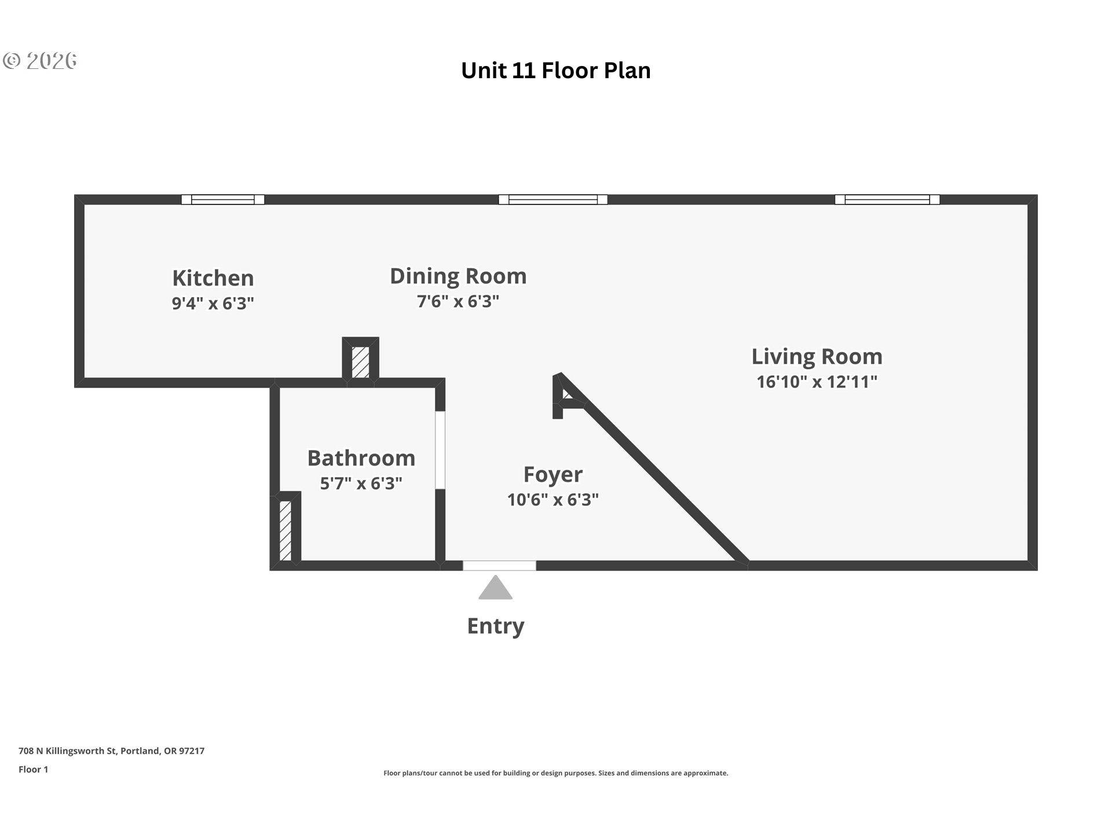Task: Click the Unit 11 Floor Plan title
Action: coord(555,71)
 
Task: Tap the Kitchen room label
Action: coord(213,278)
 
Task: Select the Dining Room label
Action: coord(458,276)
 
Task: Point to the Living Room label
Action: coord(817,356)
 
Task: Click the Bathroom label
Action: coord(361,458)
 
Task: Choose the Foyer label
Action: coord(553,474)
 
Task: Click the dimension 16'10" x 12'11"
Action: coord(817,382)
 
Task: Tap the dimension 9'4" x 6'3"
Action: coord(213,303)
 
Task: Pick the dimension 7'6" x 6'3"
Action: coord(458,301)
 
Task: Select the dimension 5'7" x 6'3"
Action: coord(361,483)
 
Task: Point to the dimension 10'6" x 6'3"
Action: coord(553,499)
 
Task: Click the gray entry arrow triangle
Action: coord(495,588)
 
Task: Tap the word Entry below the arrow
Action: coord(496,626)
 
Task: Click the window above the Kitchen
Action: coord(223,199)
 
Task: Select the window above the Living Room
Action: coord(887,199)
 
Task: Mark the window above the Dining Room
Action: coord(553,199)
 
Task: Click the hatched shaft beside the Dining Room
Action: coord(360,362)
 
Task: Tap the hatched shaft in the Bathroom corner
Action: coord(286,531)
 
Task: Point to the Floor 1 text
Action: coord(33,769)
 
